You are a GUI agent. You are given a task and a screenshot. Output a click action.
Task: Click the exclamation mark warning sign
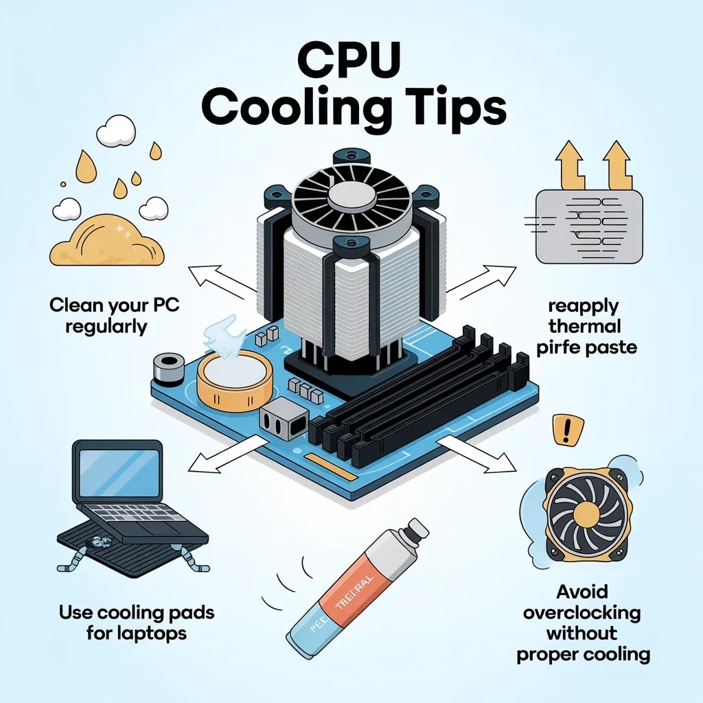click(567, 430)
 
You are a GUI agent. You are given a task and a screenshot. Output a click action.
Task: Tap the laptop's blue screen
click(118, 472)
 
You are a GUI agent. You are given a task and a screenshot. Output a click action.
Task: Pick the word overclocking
click(581, 612)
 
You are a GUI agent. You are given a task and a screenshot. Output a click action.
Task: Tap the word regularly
click(106, 325)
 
